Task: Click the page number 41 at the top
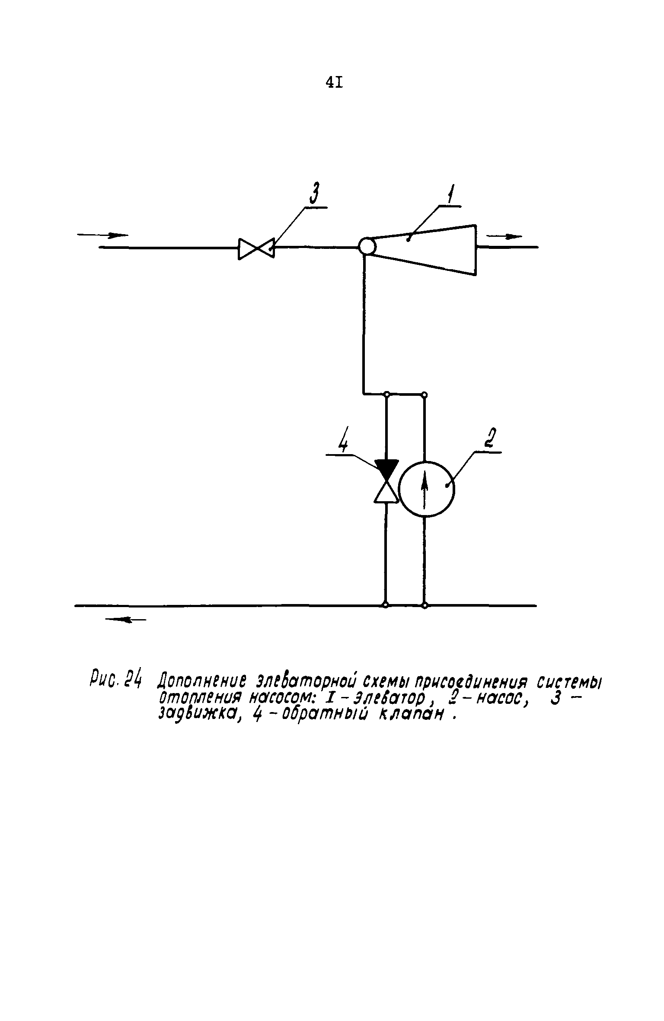click(334, 82)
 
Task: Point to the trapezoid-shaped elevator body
click(424, 250)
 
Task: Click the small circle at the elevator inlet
click(367, 247)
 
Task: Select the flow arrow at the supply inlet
click(103, 235)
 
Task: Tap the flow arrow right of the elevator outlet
click(504, 236)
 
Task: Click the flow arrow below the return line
click(126, 620)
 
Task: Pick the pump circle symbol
click(426, 489)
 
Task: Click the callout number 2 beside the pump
click(489, 439)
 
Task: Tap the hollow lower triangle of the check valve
click(386, 493)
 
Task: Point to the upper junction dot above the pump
click(425, 394)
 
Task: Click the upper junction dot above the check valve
click(387, 394)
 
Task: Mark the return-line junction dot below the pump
click(425, 606)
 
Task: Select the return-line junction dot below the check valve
click(386, 605)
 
